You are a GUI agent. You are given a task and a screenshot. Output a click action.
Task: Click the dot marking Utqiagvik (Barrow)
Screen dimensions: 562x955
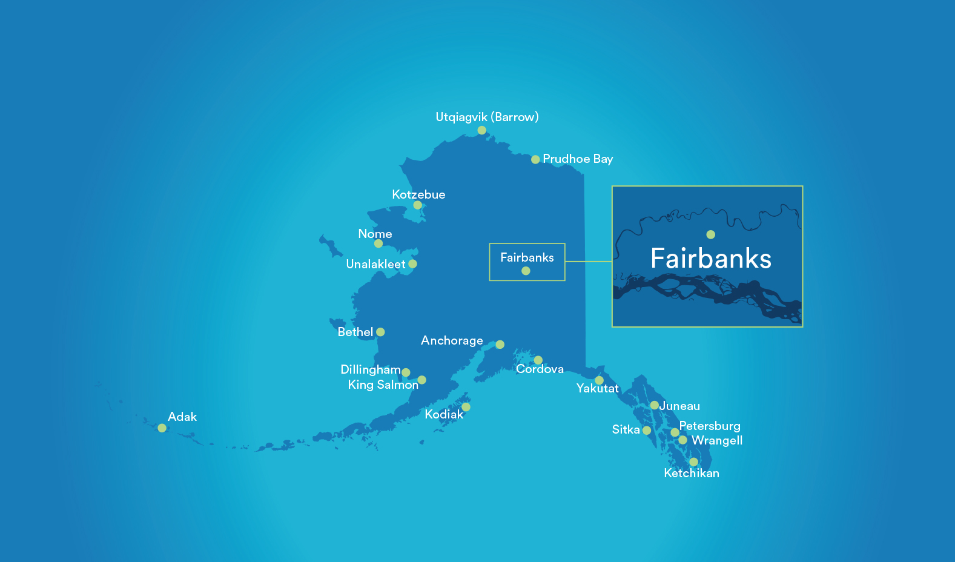point(481,130)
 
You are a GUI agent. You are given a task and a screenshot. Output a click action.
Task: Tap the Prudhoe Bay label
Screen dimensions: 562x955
point(578,159)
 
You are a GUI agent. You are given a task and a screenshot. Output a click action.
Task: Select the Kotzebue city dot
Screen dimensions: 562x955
point(417,205)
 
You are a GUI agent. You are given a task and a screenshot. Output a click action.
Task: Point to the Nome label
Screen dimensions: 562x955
point(375,234)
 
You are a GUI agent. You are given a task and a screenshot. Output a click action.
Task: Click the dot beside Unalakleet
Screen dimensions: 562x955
point(412,264)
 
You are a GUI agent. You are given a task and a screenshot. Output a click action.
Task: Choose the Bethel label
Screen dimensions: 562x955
point(355,332)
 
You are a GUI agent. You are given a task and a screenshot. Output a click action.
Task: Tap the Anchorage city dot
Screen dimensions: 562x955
point(500,345)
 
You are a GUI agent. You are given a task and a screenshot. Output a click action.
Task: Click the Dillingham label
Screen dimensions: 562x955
point(371,369)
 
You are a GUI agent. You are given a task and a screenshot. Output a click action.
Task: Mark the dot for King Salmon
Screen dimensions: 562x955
point(422,380)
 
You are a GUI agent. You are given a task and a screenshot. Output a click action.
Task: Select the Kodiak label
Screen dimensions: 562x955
point(444,414)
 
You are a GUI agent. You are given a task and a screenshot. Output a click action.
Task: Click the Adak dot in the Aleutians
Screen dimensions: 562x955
point(162,428)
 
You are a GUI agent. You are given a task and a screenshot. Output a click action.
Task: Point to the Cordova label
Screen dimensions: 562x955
point(540,369)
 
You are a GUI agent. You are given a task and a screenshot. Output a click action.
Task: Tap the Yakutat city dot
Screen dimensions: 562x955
point(599,380)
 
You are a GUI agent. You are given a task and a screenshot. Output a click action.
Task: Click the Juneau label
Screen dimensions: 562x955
point(679,406)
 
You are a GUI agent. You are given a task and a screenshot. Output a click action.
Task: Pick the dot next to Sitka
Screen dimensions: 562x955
point(647,431)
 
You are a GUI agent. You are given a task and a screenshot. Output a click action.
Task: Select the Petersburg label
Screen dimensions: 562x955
point(710,426)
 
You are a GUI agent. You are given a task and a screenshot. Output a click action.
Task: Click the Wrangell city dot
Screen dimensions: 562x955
point(682,440)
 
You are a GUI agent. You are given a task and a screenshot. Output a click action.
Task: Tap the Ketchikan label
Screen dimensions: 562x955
point(692,473)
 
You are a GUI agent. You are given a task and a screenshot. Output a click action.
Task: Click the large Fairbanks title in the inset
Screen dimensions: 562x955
point(711,259)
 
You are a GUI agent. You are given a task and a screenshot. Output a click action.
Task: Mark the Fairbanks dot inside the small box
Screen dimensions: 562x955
point(526,271)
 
